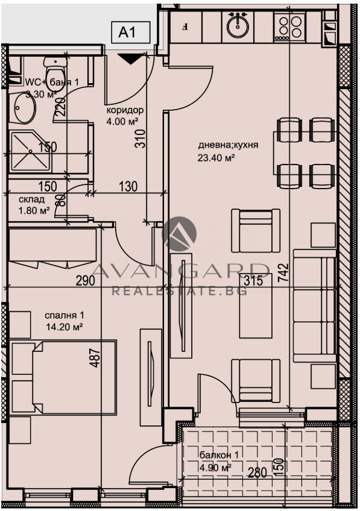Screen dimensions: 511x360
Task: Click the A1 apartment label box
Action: pyautogui.click(x=129, y=33)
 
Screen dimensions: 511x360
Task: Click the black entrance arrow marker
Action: pyautogui.click(x=130, y=58)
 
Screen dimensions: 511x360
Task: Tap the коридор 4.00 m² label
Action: pyautogui.click(x=125, y=115)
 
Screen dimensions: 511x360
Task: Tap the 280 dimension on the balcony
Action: pyautogui.click(x=257, y=472)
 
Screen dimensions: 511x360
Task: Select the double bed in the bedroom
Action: pyautogui.click(x=63, y=377)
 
